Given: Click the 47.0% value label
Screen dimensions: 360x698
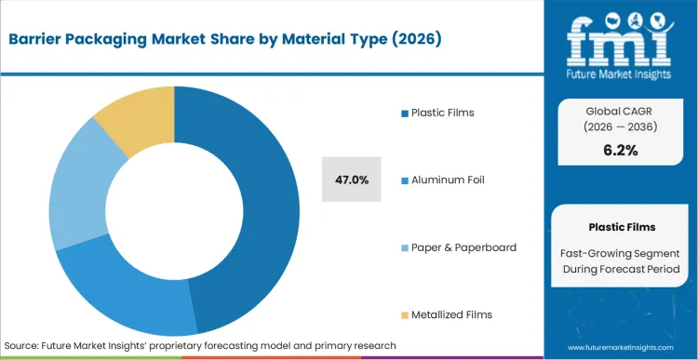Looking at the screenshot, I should pyautogui.click(x=351, y=180).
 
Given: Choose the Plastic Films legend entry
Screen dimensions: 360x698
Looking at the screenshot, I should pyautogui.click(x=442, y=113).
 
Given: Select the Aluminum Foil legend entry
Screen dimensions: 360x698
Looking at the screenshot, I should pyautogui.click(x=447, y=180).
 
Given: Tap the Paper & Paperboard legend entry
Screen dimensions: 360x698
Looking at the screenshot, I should pyautogui.click(x=463, y=247).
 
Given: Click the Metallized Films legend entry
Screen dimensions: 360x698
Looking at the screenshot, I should pyautogui.click(x=451, y=314).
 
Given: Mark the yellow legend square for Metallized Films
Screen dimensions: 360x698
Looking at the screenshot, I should pyautogui.click(x=405, y=314).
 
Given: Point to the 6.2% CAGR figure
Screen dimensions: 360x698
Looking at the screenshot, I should pyautogui.click(x=622, y=150).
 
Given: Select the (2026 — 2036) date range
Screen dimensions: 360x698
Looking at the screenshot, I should pyautogui.click(x=622, y=127).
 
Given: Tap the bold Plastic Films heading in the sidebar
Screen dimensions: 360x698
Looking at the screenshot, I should pyautogui.click(x=622, y=226).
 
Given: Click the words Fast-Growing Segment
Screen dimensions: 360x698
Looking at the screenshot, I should pyautogui.click(x=622, y=252).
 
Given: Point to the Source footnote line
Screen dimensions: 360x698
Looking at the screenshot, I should pyautogui.click(x=200, y=345).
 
